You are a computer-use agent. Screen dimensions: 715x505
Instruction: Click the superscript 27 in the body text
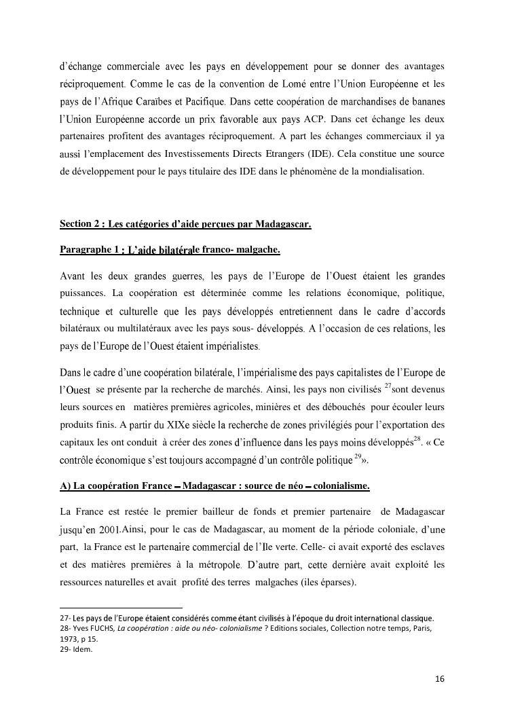(388, 386)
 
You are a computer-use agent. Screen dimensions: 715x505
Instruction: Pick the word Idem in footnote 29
(82, 649)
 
